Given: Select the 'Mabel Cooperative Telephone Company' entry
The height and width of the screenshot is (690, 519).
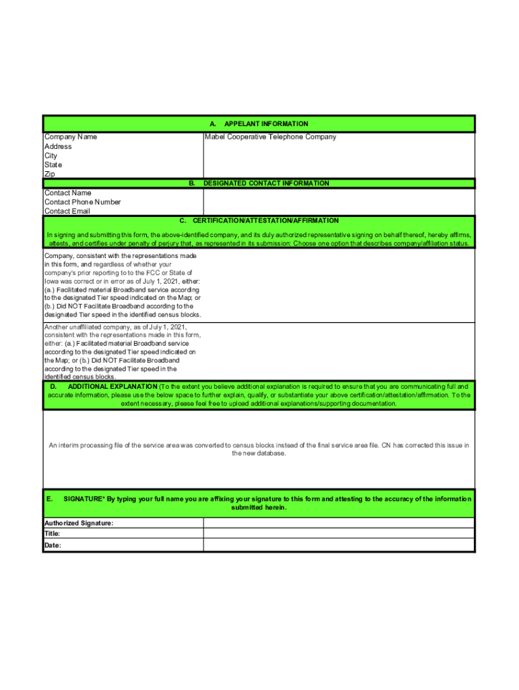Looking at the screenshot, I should [x=270, y=137].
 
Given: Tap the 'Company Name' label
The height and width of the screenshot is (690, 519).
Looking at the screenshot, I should [x=71, y=137].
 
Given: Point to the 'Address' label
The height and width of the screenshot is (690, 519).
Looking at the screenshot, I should [x=58, y=146].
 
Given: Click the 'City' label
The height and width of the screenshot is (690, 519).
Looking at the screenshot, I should [x=51, y=156].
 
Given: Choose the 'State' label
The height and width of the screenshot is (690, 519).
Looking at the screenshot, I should [x=53, y=165].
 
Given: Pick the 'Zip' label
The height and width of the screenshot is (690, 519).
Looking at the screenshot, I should [x=50, y=174].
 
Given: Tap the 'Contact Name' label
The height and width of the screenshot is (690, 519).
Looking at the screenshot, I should [x=68, y=193].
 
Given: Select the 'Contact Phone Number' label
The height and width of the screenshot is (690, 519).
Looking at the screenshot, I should [x=83, y=202].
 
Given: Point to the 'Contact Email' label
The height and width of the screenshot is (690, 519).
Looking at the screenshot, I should [x=67, y=212].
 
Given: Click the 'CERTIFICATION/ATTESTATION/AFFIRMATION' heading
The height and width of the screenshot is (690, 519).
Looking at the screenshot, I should [x=266, y=221].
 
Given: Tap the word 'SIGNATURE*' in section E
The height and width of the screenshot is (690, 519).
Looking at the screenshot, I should [x=84, y=499].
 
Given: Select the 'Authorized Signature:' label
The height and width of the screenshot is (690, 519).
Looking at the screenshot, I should [x=79, y=523].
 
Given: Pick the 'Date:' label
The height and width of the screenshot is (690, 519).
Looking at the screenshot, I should [x=53, y=546].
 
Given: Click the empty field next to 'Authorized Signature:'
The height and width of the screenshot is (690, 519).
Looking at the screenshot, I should [x=339, y=523].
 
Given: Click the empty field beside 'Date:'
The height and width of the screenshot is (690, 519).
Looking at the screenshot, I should [x=339, y=546].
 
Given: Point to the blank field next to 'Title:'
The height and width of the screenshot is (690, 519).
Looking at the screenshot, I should [x=339, y=534].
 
